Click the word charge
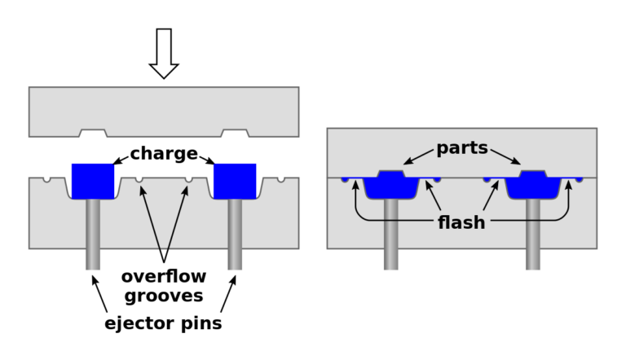point(164,153)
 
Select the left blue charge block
point(92,181)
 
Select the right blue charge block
point(235,181)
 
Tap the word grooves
point(164,296)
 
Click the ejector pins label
point(164,323)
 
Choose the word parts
point(461,148)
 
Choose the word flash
point(461,222)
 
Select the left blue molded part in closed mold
point(391,185)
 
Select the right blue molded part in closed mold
point(533,185)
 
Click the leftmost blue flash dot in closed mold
point(346,179)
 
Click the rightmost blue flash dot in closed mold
point(580,179)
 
